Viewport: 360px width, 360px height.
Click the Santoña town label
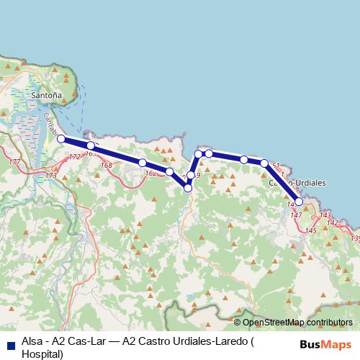[x=48, y=94]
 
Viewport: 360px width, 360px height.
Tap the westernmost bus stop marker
[x=61, y=139]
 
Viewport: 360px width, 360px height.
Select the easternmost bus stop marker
[x=299, y=202]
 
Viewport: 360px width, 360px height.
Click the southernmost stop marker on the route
[x=188, y=188]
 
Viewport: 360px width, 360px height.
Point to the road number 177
[x=14, y=163]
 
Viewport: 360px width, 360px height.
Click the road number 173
[x=50, y=176]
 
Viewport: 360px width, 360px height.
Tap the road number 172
[x=75, y=157]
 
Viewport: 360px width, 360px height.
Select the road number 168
[x=107, y=166]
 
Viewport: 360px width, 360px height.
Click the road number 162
[x=150, y=174]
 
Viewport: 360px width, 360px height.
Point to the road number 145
[x=311, y=230]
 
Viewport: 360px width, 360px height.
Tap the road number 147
[x=295, y=215]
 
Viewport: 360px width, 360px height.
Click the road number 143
[x=325, y=215]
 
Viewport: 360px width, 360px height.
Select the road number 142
[x=332, y=223]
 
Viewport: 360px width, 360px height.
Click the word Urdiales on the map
[x=308, y=183]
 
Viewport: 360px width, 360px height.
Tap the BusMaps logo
[x=326, y=344]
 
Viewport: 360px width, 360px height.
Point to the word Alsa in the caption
[x=32, y=342]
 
